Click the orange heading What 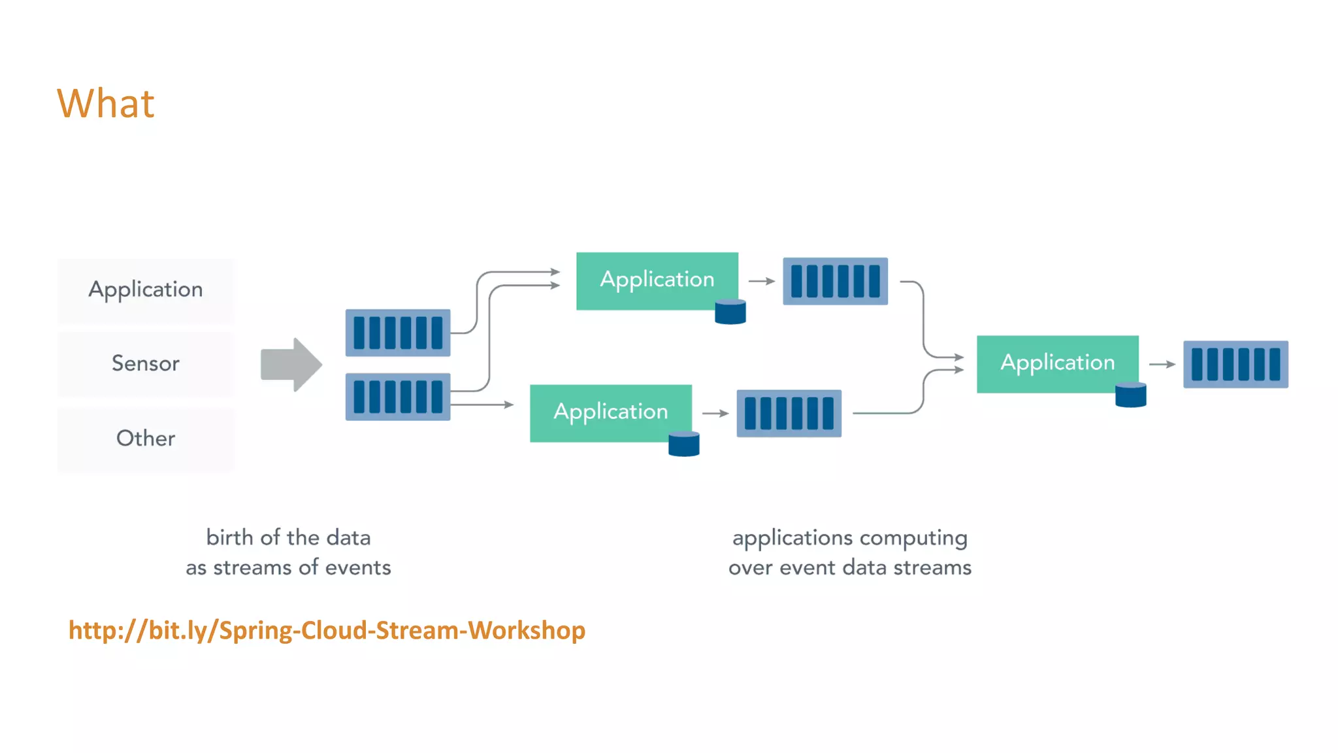point(106,104)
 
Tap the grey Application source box point(146,290)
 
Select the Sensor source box point(146,363)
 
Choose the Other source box point(146,439)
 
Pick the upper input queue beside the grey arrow point(398,333)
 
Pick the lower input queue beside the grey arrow point(398,397)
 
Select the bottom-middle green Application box point(610,412)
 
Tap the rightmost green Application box point(1057,363)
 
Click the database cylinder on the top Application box point(730,312)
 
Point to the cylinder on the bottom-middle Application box point(684,444)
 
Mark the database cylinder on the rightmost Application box point(1131,395)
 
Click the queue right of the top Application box point(835,281)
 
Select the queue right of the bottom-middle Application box point(789,414)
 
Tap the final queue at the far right point(1235,364)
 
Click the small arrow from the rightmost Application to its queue point(1162,364)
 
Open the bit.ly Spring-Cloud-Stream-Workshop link point(327,631)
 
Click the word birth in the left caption point(229,538)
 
